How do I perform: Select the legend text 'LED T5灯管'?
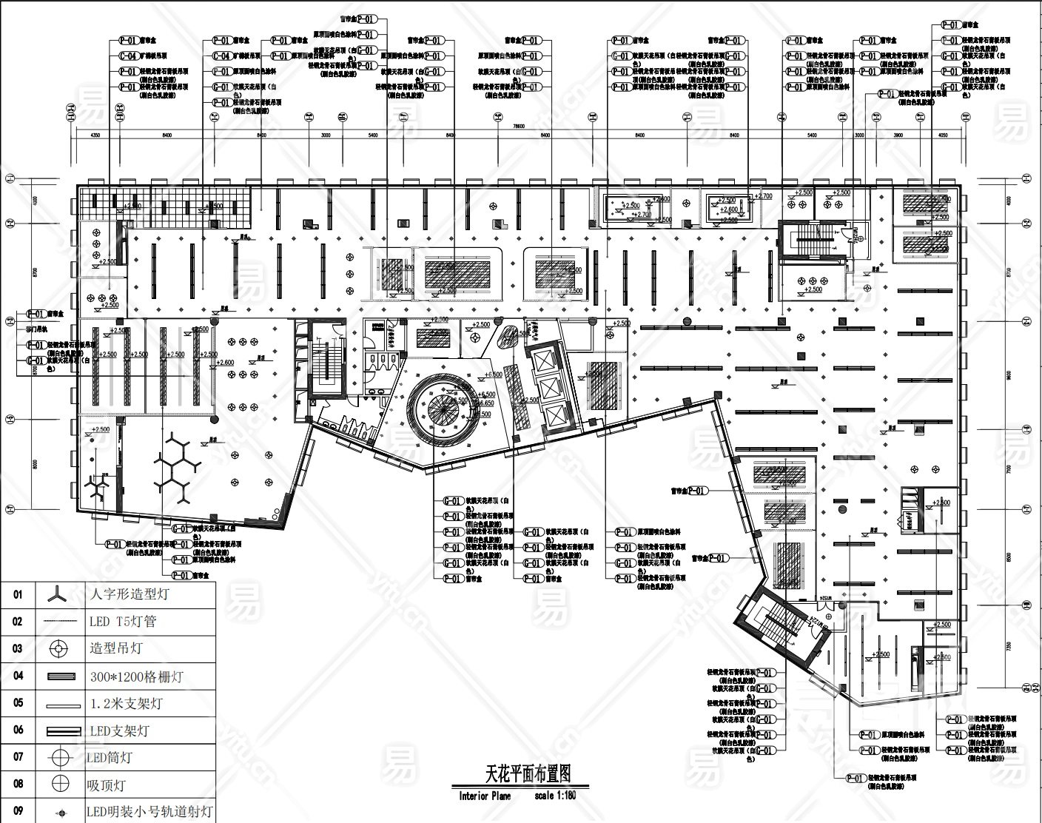pos(122,622)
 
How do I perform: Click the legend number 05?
pos(19,703)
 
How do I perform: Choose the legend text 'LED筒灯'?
pos(110,757)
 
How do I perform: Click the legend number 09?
pos(19,810)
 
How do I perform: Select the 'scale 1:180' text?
pos(555,797)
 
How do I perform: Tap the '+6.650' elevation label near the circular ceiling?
pos(485,404)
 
